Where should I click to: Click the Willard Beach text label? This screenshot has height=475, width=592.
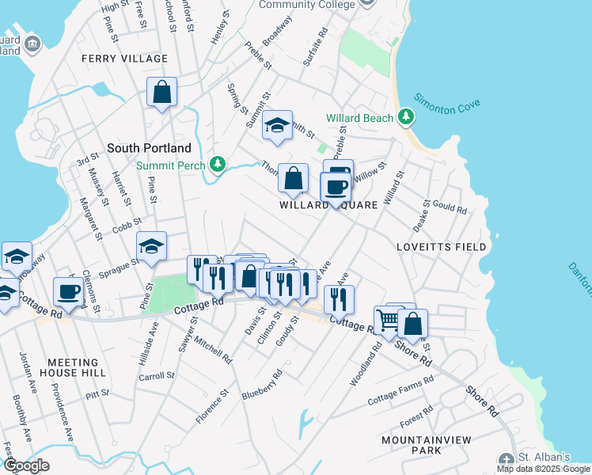(360, 118)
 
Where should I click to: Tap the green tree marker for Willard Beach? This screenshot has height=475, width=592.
(406, 117)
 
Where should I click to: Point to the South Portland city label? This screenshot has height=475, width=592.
(149, 148)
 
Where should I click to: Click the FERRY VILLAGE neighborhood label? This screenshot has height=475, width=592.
(125, 59)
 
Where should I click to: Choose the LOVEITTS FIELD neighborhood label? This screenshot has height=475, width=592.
(442, 247)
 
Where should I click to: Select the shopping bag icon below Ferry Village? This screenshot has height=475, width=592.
(162, 92)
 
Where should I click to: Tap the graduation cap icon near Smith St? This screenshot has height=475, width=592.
(277, 125)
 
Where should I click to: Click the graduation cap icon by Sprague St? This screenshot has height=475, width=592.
(151, 246)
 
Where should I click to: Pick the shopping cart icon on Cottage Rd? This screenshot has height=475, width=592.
(389, 320)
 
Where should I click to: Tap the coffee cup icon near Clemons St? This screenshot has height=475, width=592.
(69, 291)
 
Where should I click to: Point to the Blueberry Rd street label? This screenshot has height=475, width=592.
(262, 384)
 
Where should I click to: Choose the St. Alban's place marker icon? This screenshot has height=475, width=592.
(507, 459)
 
